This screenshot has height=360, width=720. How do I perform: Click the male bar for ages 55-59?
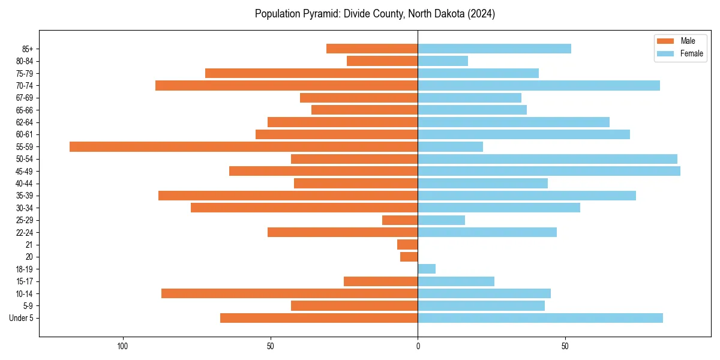tap(244, 146)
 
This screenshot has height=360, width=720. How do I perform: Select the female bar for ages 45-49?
tap(549, 171)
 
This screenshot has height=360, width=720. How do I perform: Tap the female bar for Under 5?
tap(540, 318)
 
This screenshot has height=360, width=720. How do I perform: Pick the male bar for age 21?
tap(407, 244)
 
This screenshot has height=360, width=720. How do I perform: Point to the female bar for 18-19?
tap(427, 269)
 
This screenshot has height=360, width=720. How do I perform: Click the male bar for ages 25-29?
tap(400, 220)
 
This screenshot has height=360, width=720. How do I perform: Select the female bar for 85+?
tap(494, 49)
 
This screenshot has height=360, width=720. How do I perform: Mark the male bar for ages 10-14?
tap(289, 293)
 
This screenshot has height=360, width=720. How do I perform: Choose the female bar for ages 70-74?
tap(539, 85)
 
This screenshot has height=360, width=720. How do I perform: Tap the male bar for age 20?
tap(409, 257)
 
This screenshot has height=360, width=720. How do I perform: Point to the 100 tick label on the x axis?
tap(123, 346)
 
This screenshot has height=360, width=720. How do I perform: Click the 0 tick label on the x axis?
tap(418, 346)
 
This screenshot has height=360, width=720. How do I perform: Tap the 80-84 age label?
tap(25, 61)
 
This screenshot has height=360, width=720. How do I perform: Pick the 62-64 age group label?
tap(25, 122)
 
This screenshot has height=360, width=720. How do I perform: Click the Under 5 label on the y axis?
tap(21, 318)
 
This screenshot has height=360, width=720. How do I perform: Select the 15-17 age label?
tap(25, 281)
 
